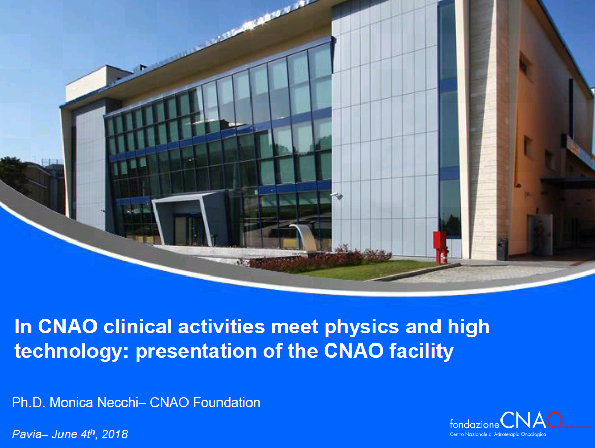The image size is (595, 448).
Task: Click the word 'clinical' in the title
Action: pyautogui.click(x=138, y=326)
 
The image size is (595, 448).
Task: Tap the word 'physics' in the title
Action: pyautogui.click(x=362, y=327)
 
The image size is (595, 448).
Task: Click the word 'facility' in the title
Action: pyautogui.click(x=421, y=352)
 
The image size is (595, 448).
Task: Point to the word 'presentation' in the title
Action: pyautogui.click(x=196, y=352)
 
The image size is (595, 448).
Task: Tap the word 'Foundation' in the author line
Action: pyautogui.click(x=227, y=402)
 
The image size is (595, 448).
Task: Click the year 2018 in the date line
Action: pyautogui.click(x=115, y=434)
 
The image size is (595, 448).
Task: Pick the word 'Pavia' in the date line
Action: pyautogui.click(x=26, y=434)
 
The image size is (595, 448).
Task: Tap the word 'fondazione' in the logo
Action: pyautogui.click(x=475, y=424)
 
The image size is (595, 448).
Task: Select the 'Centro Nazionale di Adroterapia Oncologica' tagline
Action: pyautogui.click(x=497, y=434)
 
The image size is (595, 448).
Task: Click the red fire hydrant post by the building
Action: pyautogui.click(x=440, y=247)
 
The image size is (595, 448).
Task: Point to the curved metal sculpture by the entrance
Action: pyautogui.click(x=305, y=237)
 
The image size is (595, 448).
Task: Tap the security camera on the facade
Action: pyautogui.click(x=337, y=195)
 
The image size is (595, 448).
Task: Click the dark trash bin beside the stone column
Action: pyautogui.click(x=503, y=250)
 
